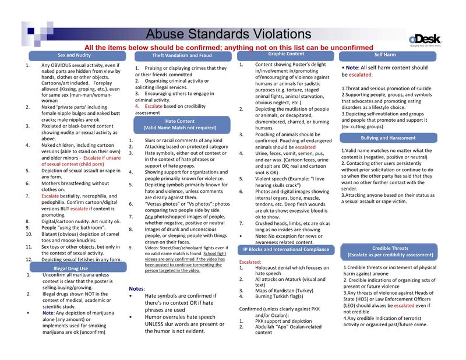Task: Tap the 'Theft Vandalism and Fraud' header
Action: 182,55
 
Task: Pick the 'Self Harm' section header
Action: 386,55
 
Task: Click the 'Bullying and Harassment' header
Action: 387,138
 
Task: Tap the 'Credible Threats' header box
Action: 390,252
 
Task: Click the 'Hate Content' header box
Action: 183,124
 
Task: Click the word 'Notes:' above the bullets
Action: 136,289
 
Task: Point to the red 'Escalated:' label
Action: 250,262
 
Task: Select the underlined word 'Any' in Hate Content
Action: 149,216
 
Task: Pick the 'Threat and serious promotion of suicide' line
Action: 387,88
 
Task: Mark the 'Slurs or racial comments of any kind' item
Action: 183,140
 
